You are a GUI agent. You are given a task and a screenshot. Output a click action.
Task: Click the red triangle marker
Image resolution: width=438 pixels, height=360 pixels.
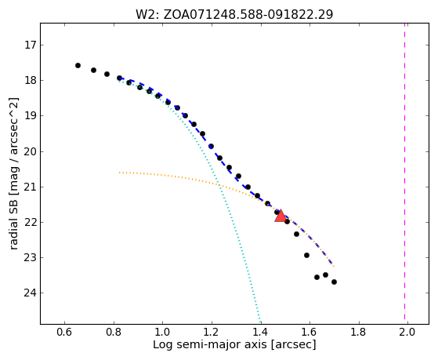click(x=281, y=216)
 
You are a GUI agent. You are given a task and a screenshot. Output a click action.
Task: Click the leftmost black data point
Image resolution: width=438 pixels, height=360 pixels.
click(x=78, y=65)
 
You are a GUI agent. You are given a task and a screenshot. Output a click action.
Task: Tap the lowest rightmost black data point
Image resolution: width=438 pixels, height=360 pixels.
click(x=334, y=282)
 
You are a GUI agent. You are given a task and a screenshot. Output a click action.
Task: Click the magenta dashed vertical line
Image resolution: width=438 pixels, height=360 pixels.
click(x=404, y=173)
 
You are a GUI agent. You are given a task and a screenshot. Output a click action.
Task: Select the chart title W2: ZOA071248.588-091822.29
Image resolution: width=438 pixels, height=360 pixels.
click(x=234, y=15)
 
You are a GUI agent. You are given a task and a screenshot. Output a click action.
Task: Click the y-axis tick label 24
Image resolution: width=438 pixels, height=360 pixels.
click(x=31, y=293)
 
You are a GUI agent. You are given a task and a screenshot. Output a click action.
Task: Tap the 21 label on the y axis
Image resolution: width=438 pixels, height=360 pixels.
click(x=31, y=187)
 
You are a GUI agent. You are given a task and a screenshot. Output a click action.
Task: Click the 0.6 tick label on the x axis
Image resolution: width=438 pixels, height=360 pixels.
click(x=64, y=333)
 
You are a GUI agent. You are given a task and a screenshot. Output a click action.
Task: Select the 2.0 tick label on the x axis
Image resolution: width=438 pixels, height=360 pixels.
click(x=407, y=333)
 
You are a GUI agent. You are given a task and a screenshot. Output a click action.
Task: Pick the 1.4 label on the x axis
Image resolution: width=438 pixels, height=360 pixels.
click(x=261, y=333)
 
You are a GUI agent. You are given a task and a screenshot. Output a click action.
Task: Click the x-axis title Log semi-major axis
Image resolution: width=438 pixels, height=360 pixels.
click(x=210, y=345)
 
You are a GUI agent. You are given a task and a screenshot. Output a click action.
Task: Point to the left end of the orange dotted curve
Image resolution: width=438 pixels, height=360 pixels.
click(x=119, y=173)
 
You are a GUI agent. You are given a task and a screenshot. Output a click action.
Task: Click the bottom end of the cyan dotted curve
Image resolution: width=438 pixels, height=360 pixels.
click(x=261, y=323)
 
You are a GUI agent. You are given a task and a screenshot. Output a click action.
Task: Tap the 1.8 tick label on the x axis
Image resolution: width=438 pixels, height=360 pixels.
click(x=359, y=333)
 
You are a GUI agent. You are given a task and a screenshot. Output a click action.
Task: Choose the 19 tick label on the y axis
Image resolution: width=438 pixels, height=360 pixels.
click(x=31, y=116)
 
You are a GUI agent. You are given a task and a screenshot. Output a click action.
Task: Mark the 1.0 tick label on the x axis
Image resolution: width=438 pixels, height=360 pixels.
click(x=162, y=333)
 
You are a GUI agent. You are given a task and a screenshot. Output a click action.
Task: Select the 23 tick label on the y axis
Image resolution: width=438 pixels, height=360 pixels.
click(x=31, y=257)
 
